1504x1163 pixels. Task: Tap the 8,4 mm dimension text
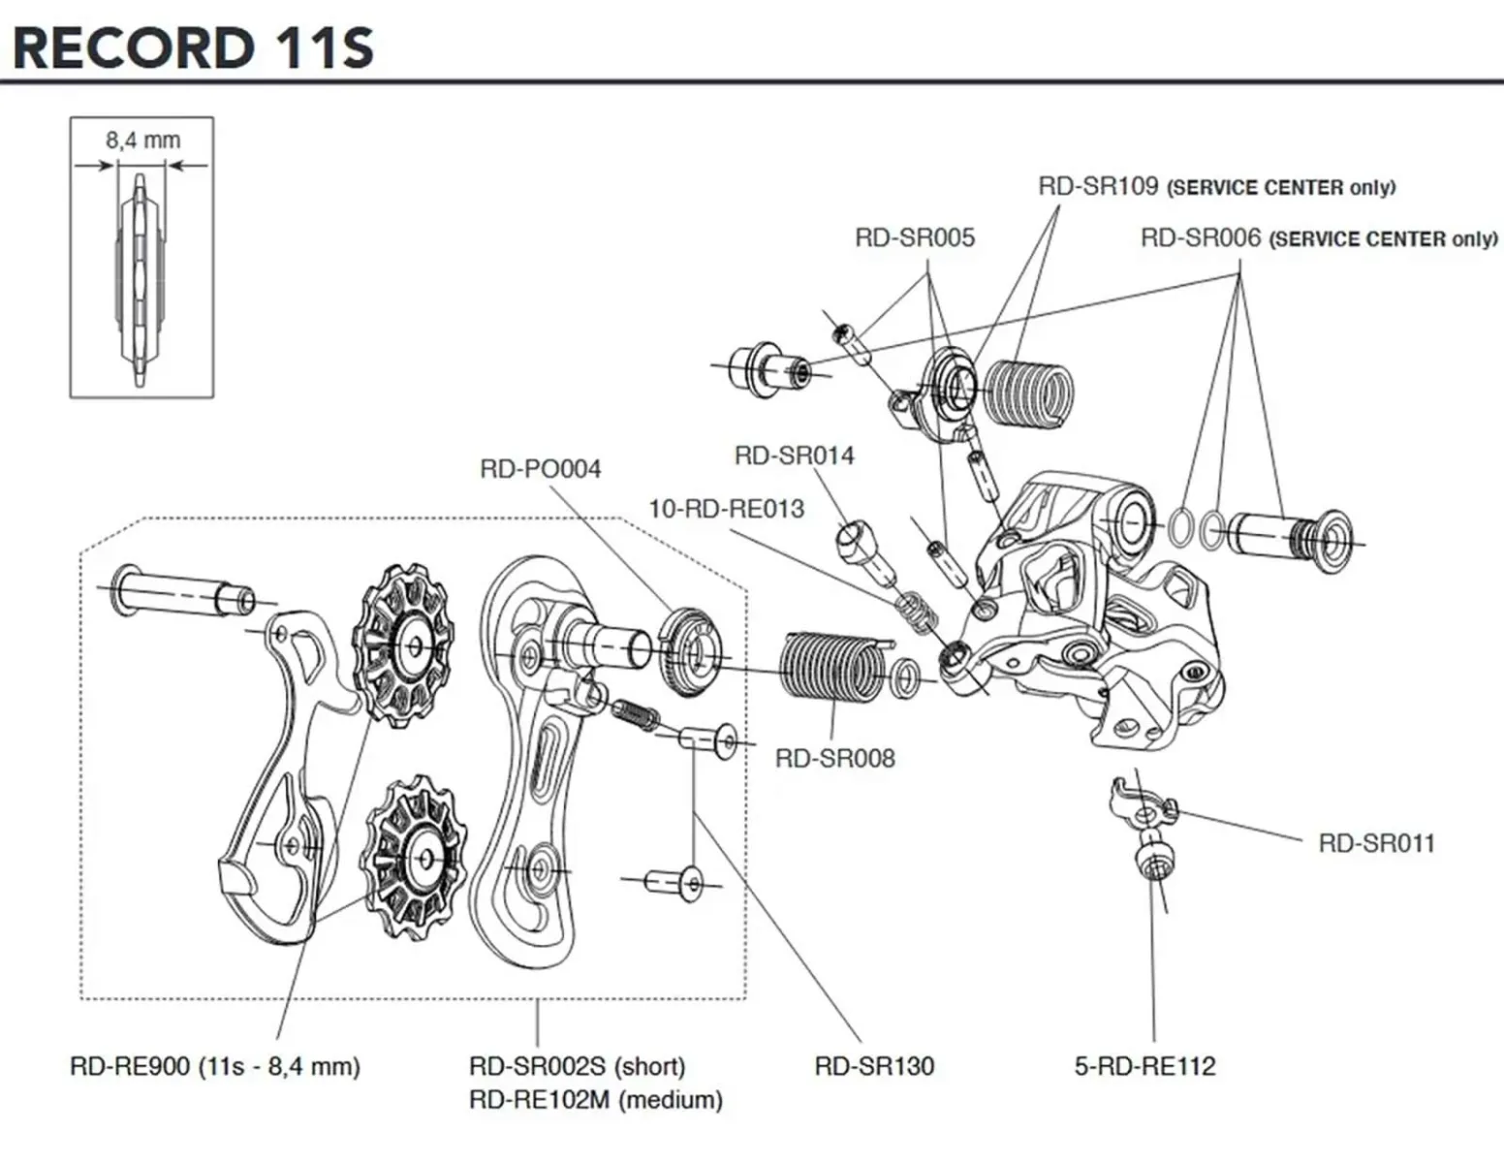click(x=142, y=141)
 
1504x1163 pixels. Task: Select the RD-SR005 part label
click(x=914, y=238)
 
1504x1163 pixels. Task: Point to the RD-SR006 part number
click(x=1200, y=238)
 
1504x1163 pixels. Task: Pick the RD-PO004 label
click(x=540, y=469)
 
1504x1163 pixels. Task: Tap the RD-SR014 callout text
click(x=794, y=456)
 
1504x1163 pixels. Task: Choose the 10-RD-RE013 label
click(x=726, y=509)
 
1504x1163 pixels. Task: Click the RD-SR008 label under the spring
click(x=834, y=759)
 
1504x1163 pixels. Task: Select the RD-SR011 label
click(x=1375, y=843)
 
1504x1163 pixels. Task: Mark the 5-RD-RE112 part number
click(x=1144, y=1067)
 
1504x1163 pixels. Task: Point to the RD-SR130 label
click(x=874, y=1067)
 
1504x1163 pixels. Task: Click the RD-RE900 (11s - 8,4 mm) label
click(x=214, y=1067)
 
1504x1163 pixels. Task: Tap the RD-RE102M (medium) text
click(x=595, y=1100)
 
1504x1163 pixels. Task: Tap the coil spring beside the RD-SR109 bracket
click(x=1028, y=393)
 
